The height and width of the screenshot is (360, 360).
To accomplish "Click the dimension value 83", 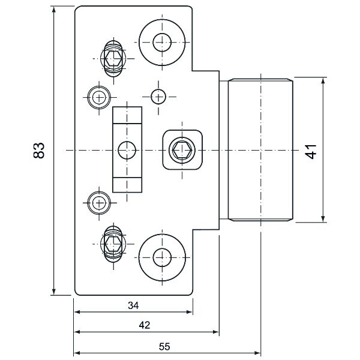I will [38, 150].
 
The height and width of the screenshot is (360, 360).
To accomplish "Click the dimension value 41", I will [310, 150].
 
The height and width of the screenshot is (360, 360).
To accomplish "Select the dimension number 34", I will [133, 305].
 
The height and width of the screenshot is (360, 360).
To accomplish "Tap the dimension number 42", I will [144, 325].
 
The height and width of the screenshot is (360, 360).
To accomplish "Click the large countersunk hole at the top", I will [160, 41].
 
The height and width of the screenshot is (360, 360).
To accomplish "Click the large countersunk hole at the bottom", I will [160, 257].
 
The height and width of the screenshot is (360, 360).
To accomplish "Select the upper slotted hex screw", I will [112, 58].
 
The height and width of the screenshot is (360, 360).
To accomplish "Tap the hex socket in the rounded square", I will [181, 149].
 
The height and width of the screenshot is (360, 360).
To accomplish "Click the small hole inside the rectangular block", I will [127, 149].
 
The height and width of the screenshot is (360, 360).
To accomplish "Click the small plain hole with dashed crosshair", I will [158, 96].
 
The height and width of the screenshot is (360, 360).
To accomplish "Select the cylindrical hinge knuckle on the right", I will [260, 150].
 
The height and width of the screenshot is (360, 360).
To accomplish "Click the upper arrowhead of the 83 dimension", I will [53, 9].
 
